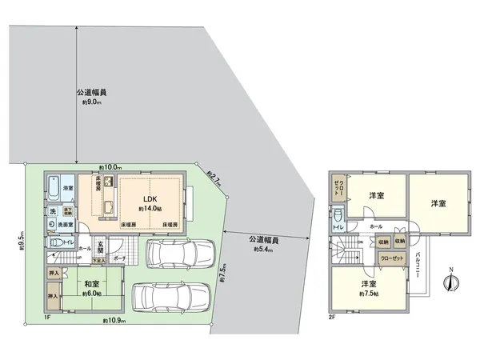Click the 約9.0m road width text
click(x=93, y=102)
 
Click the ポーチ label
click(x=120, y=260)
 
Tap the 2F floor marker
click(x=331, y=318)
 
